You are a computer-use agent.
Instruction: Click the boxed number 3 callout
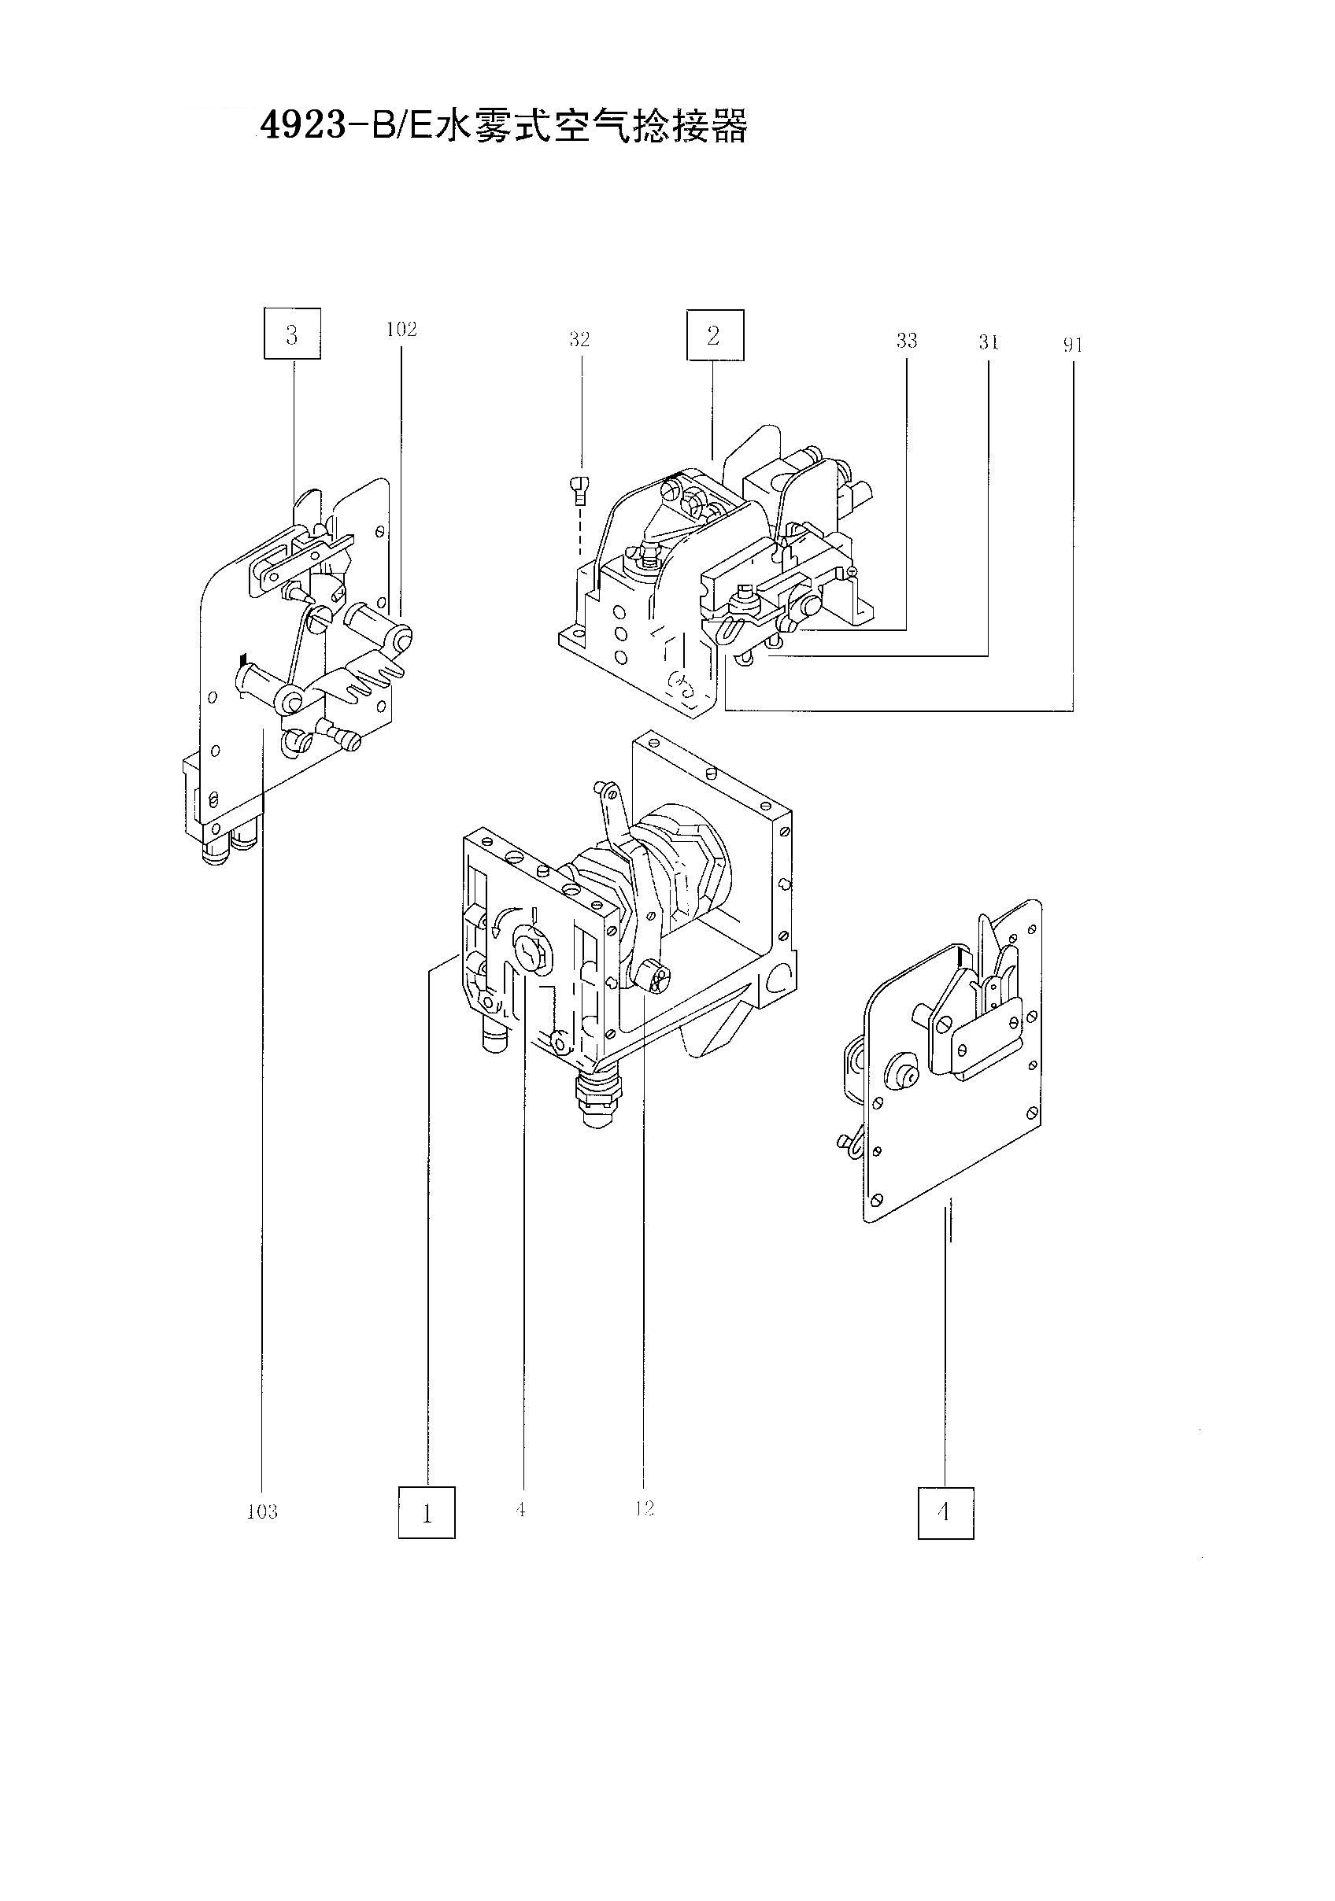click(291, 334)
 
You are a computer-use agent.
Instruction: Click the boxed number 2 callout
click(715, 335)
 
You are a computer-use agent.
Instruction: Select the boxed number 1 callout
click(427, 1512)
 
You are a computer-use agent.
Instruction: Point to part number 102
click(401, 330)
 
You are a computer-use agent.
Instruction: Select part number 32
click(579, 339)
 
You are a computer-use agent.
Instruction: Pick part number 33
click(907, 341)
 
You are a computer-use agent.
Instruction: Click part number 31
click(988, 343)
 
